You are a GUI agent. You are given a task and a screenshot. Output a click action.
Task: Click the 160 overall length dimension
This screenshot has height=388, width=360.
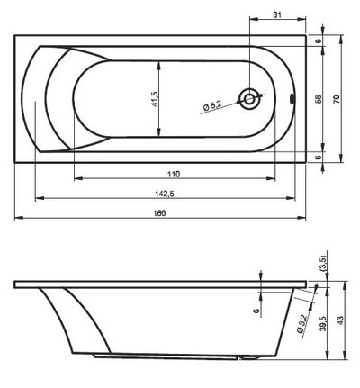point(159,212)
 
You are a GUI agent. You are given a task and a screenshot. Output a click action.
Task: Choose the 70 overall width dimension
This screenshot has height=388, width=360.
point(337,98)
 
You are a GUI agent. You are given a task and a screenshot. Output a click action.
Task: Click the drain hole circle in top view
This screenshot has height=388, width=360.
point(248,98)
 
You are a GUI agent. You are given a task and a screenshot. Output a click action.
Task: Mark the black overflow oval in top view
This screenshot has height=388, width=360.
point(291,98)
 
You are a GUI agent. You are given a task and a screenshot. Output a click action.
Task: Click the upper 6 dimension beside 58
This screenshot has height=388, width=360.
point(319,41)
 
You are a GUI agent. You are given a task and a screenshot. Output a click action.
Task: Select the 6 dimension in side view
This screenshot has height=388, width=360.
point(256,311)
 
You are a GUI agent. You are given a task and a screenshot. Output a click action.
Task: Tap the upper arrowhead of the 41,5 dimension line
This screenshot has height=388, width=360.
point(161,60)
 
